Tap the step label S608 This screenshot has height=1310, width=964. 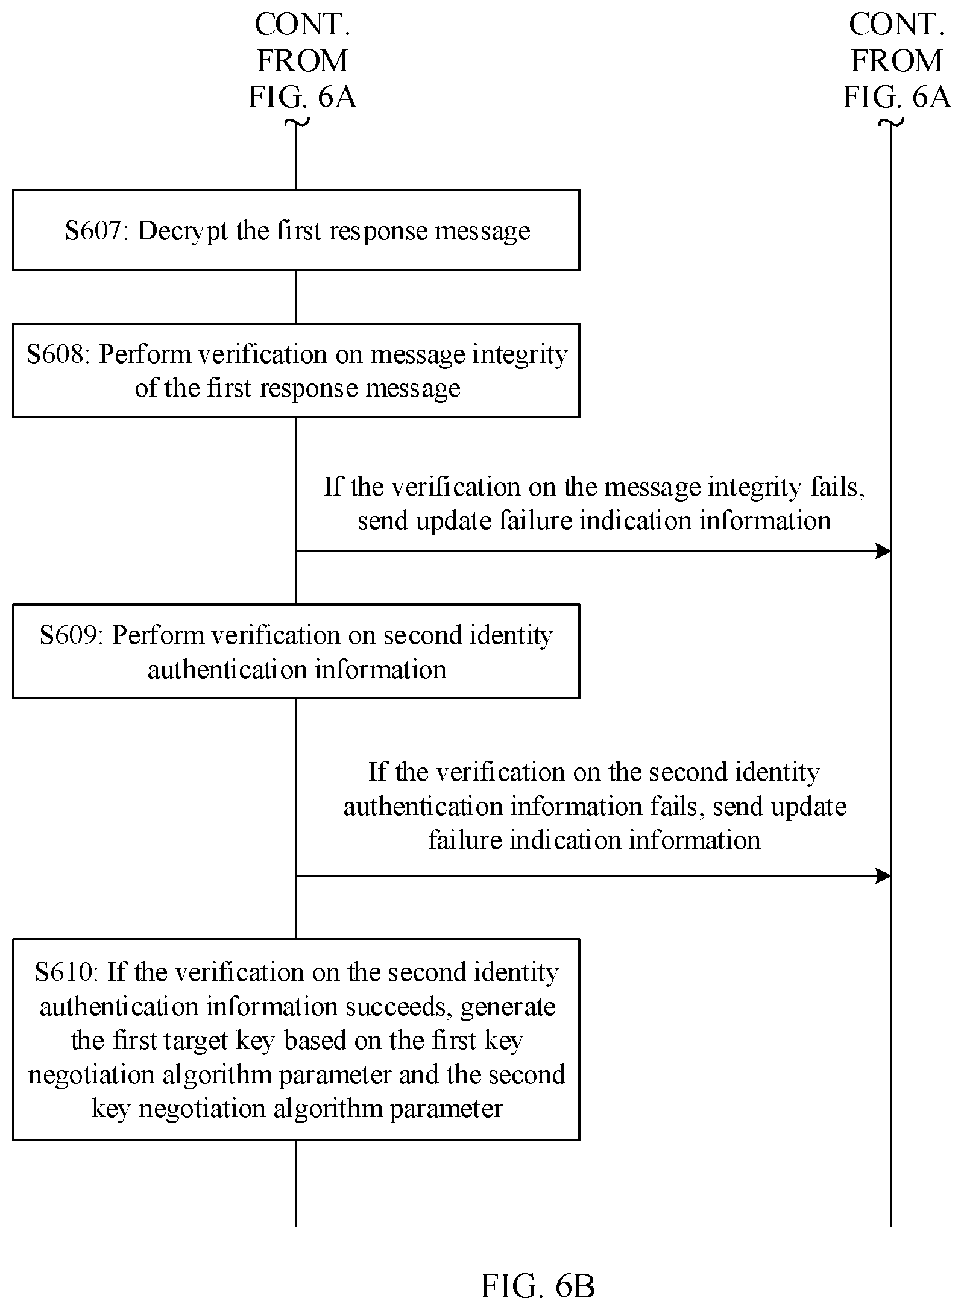[58, 354]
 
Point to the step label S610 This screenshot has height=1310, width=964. [66, 972]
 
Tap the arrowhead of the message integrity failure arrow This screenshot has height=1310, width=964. [883, 551]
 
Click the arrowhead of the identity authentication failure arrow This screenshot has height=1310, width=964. [883, 876]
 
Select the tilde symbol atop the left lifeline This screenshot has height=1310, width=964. [296, 122]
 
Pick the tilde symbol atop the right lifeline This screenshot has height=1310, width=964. [891, 123]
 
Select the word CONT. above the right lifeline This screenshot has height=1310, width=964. [896, 25]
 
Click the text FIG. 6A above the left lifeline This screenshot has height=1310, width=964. [303, 97]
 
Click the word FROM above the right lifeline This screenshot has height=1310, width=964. [896, 61]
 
